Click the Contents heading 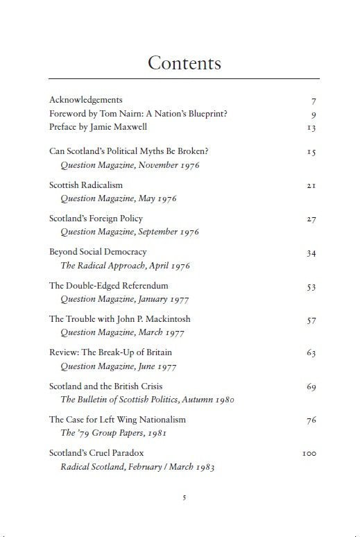(x=184, y=63)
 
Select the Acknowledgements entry (x=85, y=100)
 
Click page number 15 (x=311, y=152)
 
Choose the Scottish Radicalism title (x=86, y=185)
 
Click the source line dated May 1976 (x=119, y=198)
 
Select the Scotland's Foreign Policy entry (x=96, y=219)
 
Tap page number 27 (x=311, y=219)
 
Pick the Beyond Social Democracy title (x=98, y=252)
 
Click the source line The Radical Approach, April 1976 (x=125, y=266)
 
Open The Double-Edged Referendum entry (x=109, y=285)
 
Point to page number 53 (x=311, y=286)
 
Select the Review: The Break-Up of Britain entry (x=110, y=352)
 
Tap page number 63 (x=311, y=353)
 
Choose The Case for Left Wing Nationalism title (x=117, y=419)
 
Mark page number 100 (x=309, y=454)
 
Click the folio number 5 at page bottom (x=184, y=497)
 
